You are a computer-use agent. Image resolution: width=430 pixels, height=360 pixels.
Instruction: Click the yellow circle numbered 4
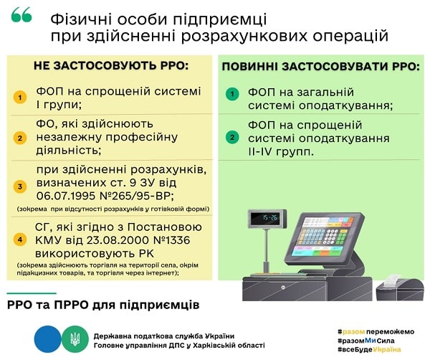(x=21, y=240)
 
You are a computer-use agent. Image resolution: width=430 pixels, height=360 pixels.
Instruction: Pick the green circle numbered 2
(x=231, y=137)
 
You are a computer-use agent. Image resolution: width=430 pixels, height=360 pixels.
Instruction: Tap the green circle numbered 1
(x=231, y=94)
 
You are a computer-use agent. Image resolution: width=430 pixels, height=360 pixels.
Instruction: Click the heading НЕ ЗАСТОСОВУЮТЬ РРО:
(x=111, y=66)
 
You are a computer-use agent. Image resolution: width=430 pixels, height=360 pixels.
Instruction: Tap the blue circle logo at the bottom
(x=47, y=335)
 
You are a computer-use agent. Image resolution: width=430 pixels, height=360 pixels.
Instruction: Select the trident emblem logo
(x=74, y=335)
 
